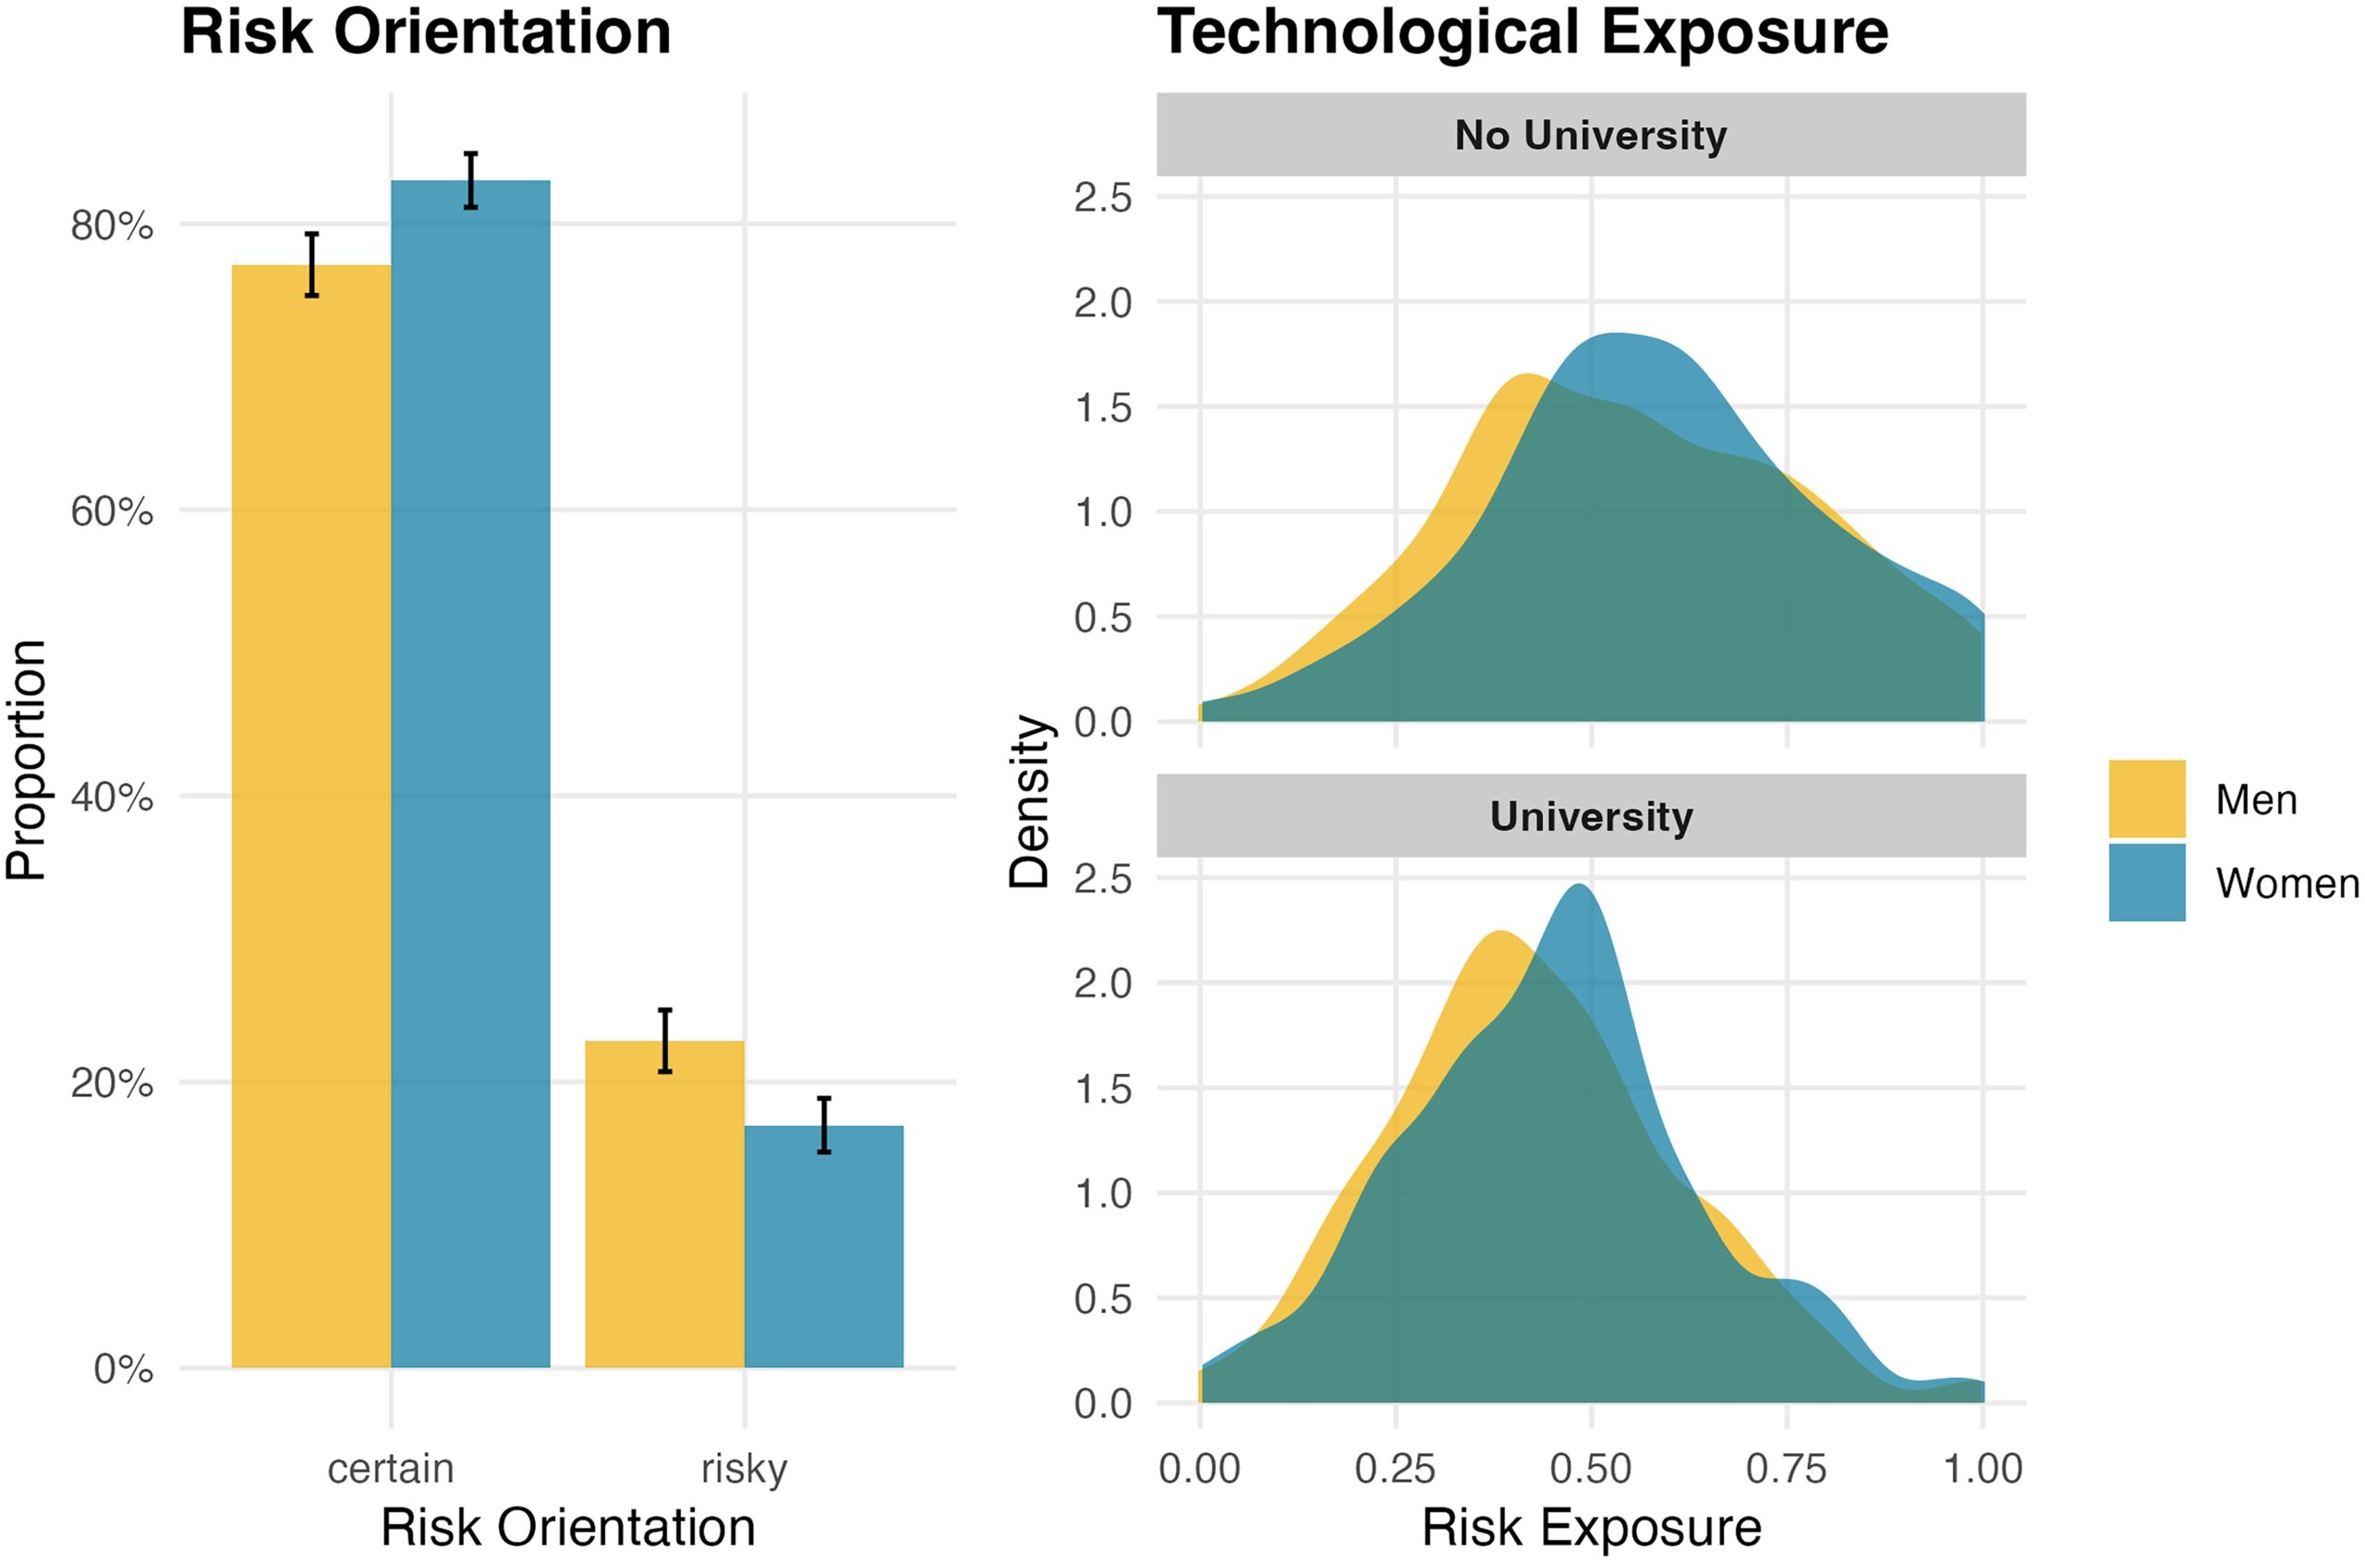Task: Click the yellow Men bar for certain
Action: [310, 817]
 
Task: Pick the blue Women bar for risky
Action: [823, 1246]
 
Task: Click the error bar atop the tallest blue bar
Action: [471, 180]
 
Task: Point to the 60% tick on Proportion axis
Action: [112, 511]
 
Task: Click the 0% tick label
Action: [124, 1369]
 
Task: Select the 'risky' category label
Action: [744, 1470]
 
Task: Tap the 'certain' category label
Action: [391, 1470]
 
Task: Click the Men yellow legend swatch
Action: [2147, 799]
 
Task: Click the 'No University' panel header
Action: [1590, 135]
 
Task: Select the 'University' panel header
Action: [1590, 816]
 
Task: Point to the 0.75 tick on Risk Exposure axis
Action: [1787, 1470]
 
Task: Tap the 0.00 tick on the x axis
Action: [1200, 1470]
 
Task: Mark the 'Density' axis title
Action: [1028, 802]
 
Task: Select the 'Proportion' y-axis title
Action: [26, 760]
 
